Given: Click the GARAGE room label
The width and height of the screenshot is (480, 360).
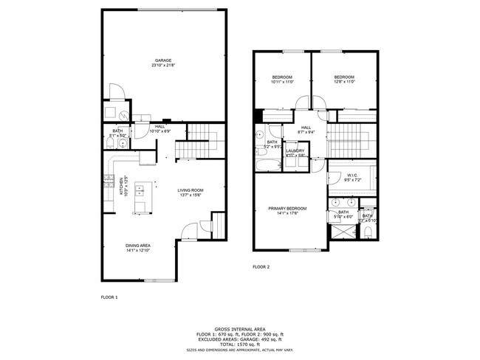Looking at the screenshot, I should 163,61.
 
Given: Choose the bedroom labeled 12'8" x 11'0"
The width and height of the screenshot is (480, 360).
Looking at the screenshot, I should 343,79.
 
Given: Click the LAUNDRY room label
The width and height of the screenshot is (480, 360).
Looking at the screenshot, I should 295,153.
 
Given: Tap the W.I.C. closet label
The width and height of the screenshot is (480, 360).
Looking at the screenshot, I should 352,176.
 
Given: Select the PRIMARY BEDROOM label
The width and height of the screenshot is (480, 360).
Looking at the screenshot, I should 287,210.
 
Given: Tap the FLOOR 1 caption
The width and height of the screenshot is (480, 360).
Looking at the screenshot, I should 109,297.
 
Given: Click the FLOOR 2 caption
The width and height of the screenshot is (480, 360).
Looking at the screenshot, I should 261,266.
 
